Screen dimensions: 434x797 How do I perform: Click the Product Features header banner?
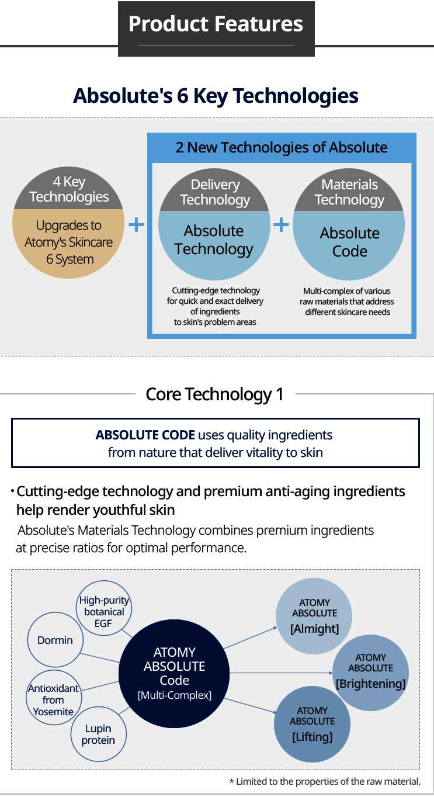(216, 29)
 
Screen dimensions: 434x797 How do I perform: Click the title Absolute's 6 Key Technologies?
(216, 96)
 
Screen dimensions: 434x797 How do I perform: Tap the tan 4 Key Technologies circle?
(68, 223)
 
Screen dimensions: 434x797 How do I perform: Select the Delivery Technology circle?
(214, 224)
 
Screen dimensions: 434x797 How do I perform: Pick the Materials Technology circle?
(349, 224)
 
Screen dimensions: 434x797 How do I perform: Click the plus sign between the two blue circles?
(281, 224)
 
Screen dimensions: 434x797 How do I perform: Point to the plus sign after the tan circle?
(136, 224)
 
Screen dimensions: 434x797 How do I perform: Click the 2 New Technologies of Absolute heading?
(282, 147)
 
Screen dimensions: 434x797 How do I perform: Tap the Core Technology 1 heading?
(215, 394)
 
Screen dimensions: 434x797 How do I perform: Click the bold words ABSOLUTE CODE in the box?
(145, 435)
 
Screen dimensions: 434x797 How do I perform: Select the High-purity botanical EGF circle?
(104, 608)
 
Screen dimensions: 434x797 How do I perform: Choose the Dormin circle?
(55, 640)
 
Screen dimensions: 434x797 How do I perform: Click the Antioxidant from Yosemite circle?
(54, 698)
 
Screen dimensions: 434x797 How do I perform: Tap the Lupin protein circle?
(99, 734)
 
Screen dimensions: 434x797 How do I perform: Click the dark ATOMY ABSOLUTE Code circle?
(174, 674)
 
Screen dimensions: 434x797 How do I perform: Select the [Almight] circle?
(314, 616)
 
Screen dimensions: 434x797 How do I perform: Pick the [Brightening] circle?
(371, 673)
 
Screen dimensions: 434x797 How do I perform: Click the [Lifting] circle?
(313, 725)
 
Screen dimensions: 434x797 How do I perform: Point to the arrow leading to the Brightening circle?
(281, 673)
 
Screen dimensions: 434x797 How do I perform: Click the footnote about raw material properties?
(325, 781)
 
